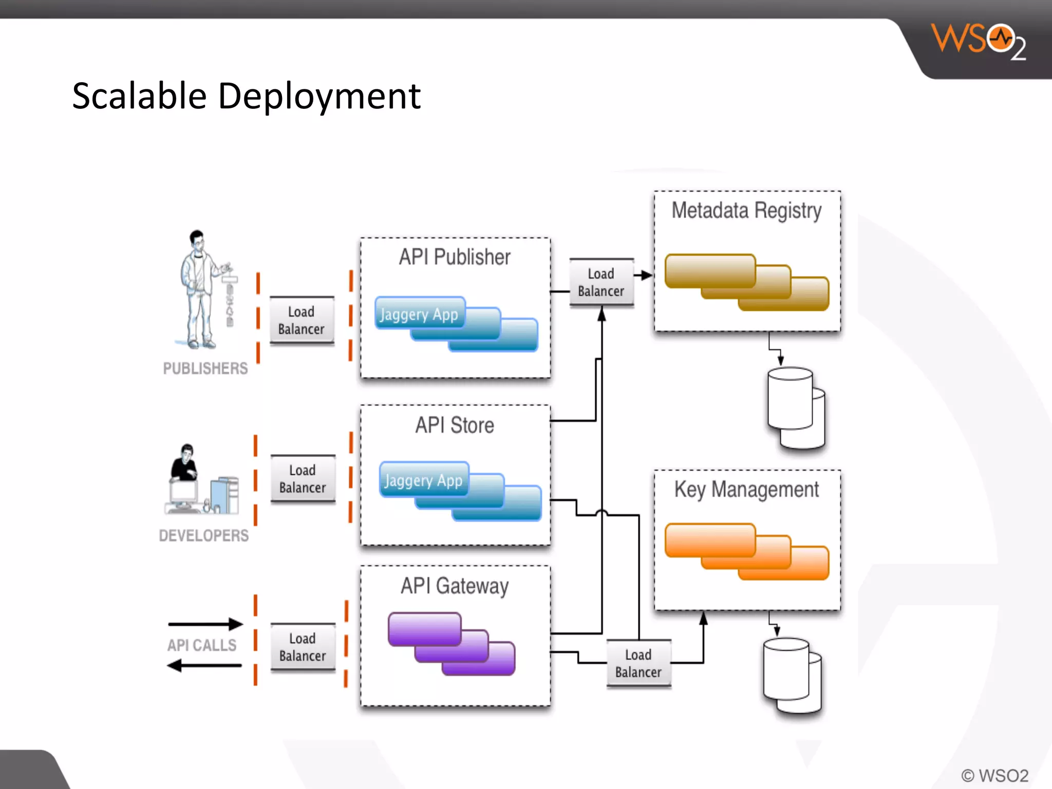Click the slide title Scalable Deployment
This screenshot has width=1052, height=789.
[246, 96]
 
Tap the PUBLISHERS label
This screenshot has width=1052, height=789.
[205, 368]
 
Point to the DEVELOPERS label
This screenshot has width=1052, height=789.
[203, 535]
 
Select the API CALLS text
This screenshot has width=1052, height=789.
[202, 645]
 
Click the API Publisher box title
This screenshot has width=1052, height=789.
[455, 257]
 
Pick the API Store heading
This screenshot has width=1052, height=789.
[455, 425]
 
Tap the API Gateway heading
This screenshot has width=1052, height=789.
[455, 586]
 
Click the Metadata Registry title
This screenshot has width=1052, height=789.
[746, 211]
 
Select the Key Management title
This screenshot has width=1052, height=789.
[746, 490]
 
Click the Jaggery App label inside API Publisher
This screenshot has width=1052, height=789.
[419, 314]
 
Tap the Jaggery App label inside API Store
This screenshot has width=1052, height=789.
[423, 480]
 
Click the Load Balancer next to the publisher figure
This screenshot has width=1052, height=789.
[302, 320]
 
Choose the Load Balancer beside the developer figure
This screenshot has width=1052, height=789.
[303, 479]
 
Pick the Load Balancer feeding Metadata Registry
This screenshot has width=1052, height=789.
[601, 283]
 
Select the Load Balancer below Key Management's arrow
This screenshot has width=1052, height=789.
[638, 663]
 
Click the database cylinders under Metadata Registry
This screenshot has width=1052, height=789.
[796, 408]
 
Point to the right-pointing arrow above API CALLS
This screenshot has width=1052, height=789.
[205, 624]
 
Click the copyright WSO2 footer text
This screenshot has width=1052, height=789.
[994, 775]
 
